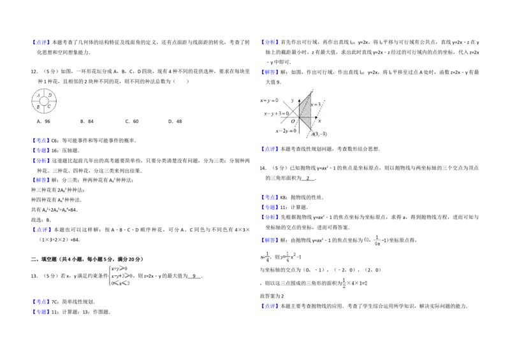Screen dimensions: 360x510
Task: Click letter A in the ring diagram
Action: pos(39,96)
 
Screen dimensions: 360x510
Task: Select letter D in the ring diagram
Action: pos(50,96)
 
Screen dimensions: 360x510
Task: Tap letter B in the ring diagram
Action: pos(39,107)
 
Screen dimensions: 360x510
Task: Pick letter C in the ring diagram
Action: pos(50,107)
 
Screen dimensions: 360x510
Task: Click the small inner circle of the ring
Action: pos(45,101)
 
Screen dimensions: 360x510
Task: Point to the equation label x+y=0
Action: pos(269,101)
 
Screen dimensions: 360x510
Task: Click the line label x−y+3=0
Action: pos(277,113)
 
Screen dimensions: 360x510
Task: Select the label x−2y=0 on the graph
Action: pos(286,131)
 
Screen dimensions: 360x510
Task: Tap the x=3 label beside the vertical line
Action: pos(316,104)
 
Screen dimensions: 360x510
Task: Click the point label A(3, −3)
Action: pos(319,134)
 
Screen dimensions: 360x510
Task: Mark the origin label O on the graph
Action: pos(293,121)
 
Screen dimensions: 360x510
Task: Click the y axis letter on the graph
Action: pos(293,101)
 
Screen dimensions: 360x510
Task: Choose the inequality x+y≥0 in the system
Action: pos(120,269)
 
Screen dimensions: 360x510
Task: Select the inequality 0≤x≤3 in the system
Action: pos(120,283)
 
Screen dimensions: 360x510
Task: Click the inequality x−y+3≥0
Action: pos(122,276)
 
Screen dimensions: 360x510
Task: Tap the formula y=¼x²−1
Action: pos(290,257)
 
